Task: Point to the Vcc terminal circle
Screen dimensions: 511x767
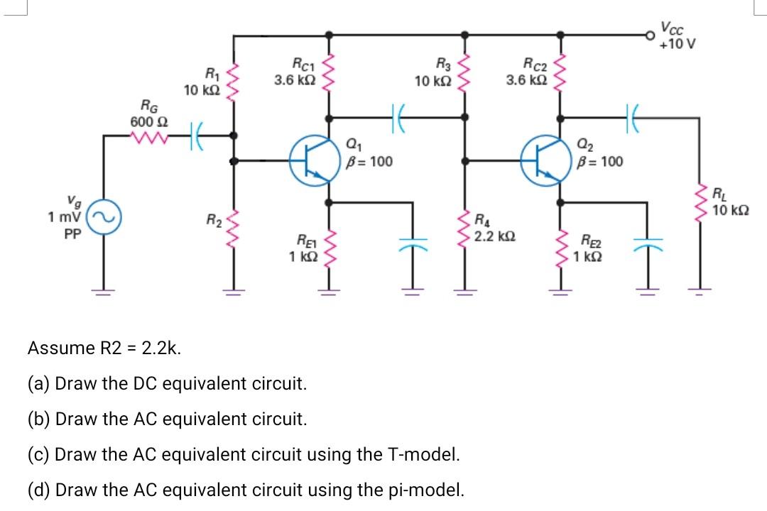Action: (x=648, y=34)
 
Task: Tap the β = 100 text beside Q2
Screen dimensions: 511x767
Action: (x=602, y=162)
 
